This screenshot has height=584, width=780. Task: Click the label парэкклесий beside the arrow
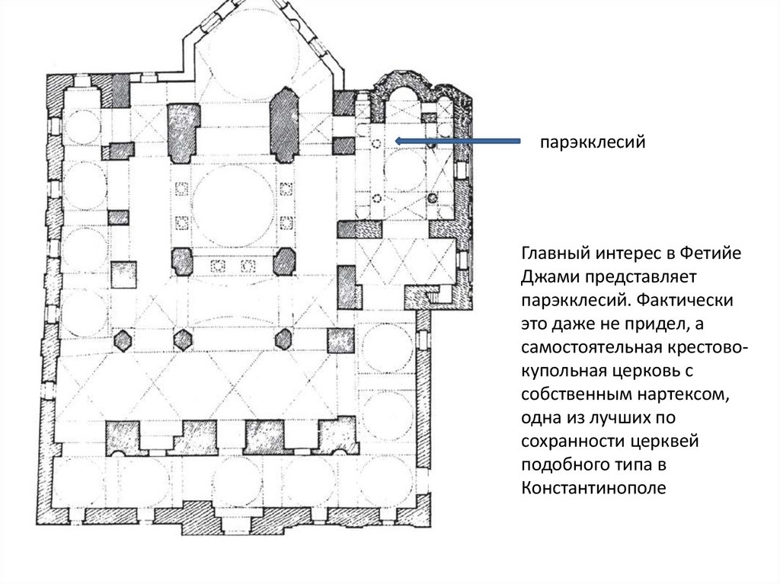(593, 142)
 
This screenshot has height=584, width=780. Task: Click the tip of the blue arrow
(395, 142)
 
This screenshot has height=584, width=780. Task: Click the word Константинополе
(593, 487)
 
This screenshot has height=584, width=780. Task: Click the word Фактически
(685, 300)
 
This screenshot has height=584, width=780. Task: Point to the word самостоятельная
(591, 347)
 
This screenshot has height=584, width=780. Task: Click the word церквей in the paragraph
(664, 441)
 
